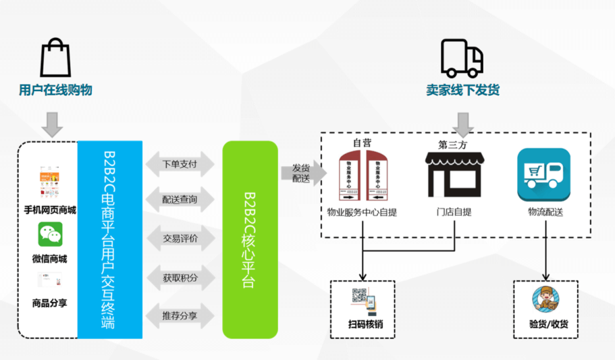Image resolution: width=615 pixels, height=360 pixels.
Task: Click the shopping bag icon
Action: pyautogui.click(x=55, y=58)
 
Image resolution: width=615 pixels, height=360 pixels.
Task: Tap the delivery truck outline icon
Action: pyautogui.click(x=462, y=58)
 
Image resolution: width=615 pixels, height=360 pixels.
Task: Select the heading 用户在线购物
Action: pyautogui.click(x=55, y=90)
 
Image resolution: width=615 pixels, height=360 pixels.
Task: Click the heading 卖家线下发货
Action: pyautogui.click(x=462, y=90)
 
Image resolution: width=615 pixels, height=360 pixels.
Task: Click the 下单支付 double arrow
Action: pyautogui.click(x=180, y=164)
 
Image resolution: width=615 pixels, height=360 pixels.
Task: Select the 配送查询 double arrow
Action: pyautogui.click(x=180, y=200)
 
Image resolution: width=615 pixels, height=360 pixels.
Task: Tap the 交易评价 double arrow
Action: pyautogui.click(x=180, y=238)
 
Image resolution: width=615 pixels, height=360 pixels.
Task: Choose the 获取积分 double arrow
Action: pyautogui.click(x=180, y=277)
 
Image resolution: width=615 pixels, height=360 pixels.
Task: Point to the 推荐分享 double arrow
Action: pyautogui.click(x=180, y=315)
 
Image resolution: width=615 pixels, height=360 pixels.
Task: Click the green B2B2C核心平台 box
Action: pyautogui.click(x=250, y=240)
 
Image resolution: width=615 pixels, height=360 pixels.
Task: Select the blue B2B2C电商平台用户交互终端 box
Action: pyautogui.click(x=109, y=240)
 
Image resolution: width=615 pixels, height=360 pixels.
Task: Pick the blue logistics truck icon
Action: pyautogui.click(x=543, y=174)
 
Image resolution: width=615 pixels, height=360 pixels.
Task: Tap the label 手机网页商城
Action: pyautogui.click(x=50, y=210)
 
